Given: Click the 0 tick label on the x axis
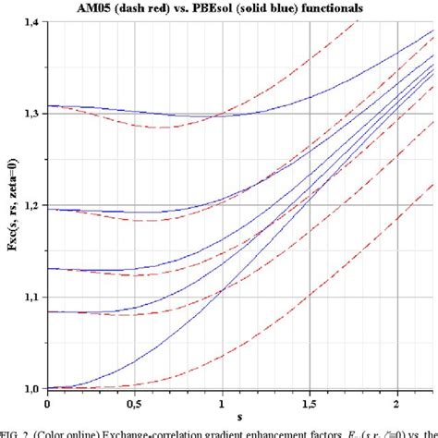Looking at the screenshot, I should tap(47, 403).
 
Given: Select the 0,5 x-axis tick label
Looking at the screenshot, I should tap(134, 403).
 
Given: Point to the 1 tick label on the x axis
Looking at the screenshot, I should tap(222, 403).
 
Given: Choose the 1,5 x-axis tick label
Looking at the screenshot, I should tap(310, 403).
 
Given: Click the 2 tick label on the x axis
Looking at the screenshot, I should tap(396, 403).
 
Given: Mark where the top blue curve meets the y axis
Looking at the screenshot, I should tap(47, 105).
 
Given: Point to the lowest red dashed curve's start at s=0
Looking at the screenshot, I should tap(47, 388).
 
